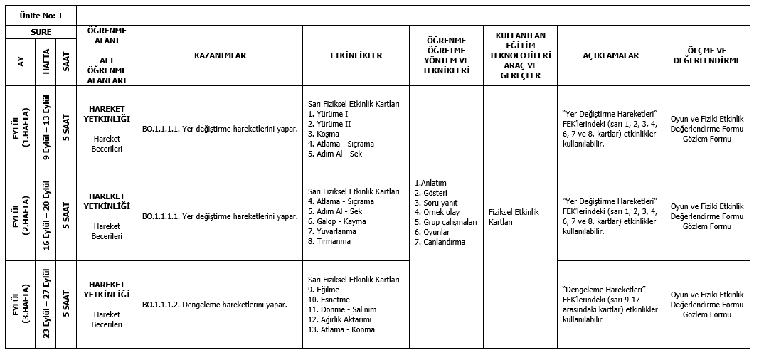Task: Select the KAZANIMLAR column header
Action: point(220,55)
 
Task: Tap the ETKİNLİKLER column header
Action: point(356,55)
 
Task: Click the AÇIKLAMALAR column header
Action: point(610,55)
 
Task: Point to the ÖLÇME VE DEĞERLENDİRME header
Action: point(706,55)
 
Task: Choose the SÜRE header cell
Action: point(41,32)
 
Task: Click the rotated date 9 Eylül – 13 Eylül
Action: point(47,128)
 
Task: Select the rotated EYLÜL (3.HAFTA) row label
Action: point(21,305)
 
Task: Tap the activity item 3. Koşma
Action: point(324,134)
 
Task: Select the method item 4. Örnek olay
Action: point(437,212)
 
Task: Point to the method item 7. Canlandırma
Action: point(440,242)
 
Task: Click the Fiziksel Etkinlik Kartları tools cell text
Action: point(514,217)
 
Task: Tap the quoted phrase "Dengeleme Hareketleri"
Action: point(603,290)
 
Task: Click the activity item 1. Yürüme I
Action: point(328,114)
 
